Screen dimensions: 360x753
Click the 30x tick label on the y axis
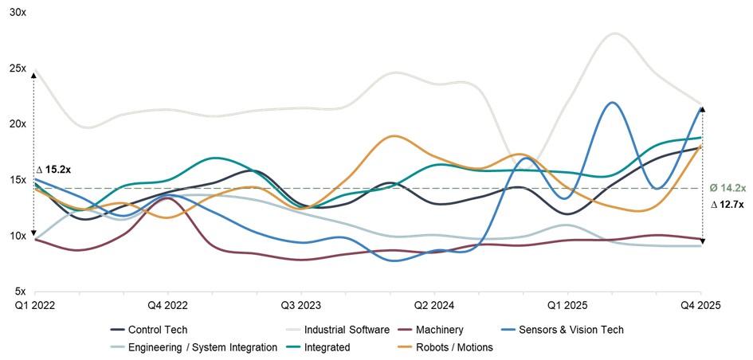tap(16, 13)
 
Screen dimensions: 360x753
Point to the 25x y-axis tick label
tap(16, 68)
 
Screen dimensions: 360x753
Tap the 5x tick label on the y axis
tap(18, 292)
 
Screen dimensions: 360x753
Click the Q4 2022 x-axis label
tap(167, 306)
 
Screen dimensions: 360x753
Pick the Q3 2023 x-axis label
tap(302, 306)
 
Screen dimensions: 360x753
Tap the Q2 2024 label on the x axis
tap(435, 306)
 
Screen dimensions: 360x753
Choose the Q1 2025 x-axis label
tap(567, 306)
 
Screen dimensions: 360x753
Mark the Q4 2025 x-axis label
tap(700, 306)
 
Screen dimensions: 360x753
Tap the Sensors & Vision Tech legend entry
tap(571, 330)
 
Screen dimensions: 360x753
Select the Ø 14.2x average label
tap(728, 188)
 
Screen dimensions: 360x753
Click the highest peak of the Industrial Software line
tap(614, 33)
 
